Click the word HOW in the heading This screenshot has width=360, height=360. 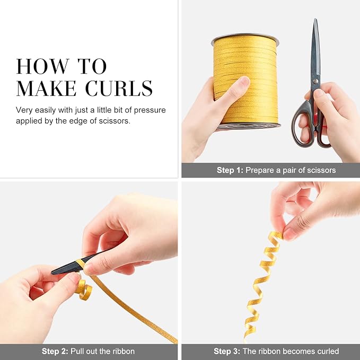[x=43, y=66]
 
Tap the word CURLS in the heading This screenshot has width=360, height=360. [x=119, y=88]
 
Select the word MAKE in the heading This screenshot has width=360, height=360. [x=46, y=88]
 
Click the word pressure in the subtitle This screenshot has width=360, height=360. [x=150, y=110]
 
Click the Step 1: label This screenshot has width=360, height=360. [x=230, y=170]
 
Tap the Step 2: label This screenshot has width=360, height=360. [x=55, y=352]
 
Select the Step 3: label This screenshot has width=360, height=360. [x=227, y=352]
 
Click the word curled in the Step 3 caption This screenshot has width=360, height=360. [x=328, y=352]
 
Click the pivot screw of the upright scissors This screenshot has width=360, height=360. [x=316, y=81]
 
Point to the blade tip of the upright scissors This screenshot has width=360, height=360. [x=315, y=19]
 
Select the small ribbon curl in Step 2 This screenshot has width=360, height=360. [x=84, y=289]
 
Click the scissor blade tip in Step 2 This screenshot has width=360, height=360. [x=52, y=273]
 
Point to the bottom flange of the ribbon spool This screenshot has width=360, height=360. [x=249, y=126]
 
